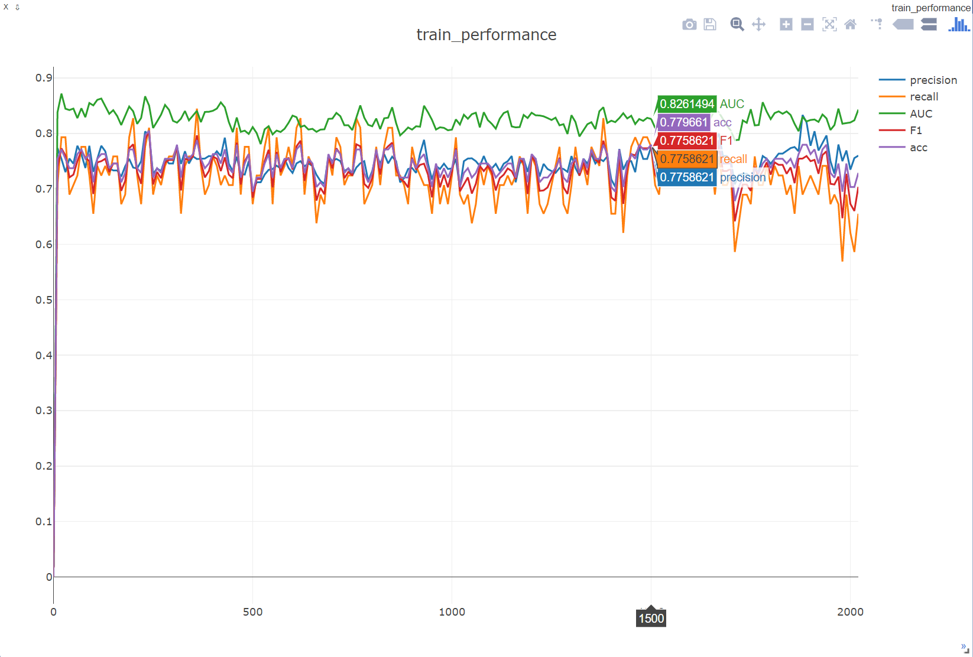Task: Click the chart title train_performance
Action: [486, 35]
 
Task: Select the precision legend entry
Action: [933, 80]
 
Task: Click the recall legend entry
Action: [924, 97]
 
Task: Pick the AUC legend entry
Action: [921, 113]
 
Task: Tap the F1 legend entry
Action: [916, 131]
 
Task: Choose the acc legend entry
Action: [918, 148]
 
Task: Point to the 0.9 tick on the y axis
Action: [44, 78]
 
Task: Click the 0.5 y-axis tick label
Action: [44, 300]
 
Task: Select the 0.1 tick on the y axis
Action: [44, 521]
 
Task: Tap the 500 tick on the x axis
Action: [252, 612]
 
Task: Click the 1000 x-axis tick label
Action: [452, 612]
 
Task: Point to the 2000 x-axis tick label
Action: [850, 612]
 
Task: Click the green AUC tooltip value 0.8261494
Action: [687, 104]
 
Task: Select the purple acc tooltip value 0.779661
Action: [683, 122]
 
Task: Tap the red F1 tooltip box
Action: [687, 141]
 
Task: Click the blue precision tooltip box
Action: [687, 177]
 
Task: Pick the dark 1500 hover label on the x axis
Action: [651, 619]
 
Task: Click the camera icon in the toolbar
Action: [689, 24]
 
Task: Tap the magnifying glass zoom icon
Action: [737, 24]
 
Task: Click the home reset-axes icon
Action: [850, 24]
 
